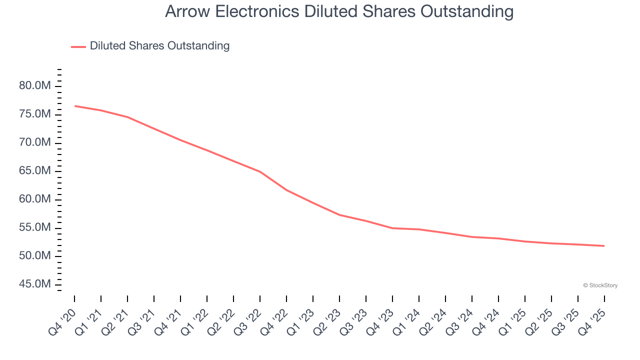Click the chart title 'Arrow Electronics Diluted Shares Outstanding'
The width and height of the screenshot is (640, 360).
(x=339, y=11)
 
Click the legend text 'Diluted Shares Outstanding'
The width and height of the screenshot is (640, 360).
(x=159, y=46)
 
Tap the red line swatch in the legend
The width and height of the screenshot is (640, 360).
(x=78, y=46)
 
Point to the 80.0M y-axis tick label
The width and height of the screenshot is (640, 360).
(x=35, y=86)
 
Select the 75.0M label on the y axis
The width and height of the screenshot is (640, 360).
(x=35, y=114)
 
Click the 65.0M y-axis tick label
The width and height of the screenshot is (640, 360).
(x=35, y=171)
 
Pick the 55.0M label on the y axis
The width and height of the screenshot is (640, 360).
(x=35, y=228)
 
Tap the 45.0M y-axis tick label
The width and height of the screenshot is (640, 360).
(x=35, y=284)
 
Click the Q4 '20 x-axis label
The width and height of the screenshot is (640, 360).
(x=63, y=321)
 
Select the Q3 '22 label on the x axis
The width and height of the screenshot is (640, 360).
(x=248, y=321)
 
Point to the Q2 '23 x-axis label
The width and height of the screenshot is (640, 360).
(x=328, y=321)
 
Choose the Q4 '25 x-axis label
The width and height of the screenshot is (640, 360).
(x=593, y=321)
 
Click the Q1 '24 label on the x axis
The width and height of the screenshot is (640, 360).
(x=407, y=321)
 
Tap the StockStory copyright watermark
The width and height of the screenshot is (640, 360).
(x=600, y=285)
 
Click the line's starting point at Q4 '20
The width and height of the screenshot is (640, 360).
(x=75, y=106)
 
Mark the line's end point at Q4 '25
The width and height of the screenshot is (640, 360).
(x=604, y=245)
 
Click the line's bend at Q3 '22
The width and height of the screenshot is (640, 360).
(x=260, y=171)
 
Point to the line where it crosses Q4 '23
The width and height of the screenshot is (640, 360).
(x=392, y=228)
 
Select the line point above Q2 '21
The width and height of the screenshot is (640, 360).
(x=127, y=117)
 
